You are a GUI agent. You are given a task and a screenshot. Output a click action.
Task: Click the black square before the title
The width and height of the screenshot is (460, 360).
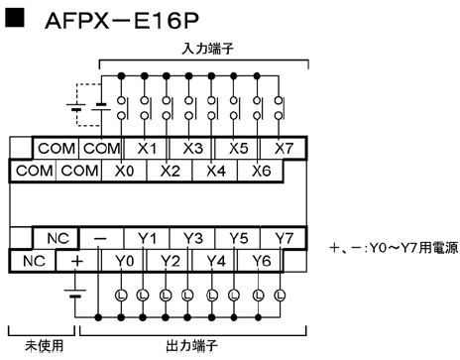(16, 22)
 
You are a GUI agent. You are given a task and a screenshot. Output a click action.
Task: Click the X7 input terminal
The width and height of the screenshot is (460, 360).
(284, 148)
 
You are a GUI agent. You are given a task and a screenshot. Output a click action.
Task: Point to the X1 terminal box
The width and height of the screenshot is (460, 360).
(148, 148)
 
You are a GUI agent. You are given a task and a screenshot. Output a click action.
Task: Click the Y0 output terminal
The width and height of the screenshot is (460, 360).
(123, 261)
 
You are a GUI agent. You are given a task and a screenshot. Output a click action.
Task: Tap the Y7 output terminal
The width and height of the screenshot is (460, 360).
(284, 239)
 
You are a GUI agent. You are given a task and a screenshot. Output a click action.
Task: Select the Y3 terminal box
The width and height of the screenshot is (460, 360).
(193, 239)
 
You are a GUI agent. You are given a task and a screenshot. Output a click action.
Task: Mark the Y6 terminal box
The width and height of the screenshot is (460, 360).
(262, 261)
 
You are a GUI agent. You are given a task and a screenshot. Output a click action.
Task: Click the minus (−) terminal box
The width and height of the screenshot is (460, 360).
(100, 239)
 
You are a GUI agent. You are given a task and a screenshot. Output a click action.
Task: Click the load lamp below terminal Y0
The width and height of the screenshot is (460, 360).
(122, 296)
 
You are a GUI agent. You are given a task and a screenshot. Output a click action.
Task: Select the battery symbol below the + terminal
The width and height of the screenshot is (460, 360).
(75, 294)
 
